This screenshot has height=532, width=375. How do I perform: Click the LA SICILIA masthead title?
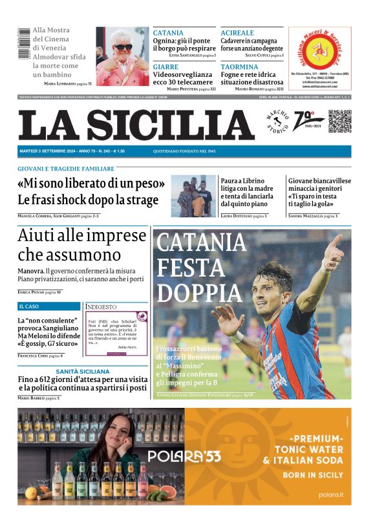coord(136,125)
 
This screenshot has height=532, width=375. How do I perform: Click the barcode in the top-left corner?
coord(24,44)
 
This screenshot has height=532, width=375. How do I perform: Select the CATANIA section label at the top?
coord(168,32)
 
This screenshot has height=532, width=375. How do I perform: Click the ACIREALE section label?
coord(237,32)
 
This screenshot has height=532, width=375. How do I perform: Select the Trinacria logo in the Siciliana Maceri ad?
coord(319,50)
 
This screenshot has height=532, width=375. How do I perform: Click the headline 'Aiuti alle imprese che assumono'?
coord(81,244)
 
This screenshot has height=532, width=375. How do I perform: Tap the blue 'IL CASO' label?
coord(29,306)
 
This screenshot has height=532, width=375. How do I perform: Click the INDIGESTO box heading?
coord(102,307)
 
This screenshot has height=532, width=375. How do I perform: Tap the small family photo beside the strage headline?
coord(193,195)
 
